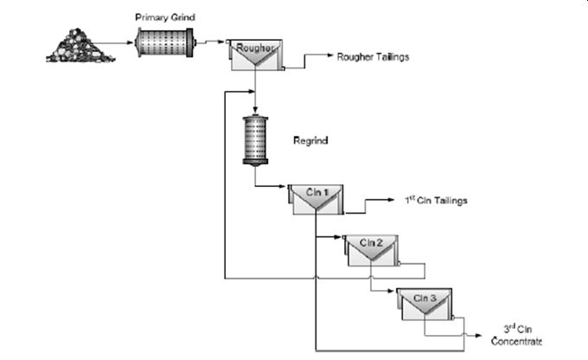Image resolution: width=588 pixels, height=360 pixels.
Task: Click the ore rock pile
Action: (x=80, y=45)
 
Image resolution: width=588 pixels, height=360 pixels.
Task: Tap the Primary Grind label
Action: (x=165, y=17)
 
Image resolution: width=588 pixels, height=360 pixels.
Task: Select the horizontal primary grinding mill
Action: (x=165, y=42)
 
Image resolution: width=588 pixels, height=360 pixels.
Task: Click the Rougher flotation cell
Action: (x=256, y=55)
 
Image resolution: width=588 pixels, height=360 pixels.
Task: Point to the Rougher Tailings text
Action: (x=373, y=57)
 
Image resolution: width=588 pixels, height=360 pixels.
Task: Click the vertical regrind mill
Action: (x=255, y=140)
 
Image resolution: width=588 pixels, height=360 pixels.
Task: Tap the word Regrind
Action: (x=310, y=140)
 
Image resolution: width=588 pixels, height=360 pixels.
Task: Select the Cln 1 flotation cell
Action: (x=316, y=199)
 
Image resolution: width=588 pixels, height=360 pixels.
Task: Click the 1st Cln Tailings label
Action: (x=436, y=200)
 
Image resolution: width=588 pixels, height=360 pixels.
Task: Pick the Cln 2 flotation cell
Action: (x=371, y=250)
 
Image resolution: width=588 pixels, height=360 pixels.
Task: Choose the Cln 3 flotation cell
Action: (x=425, y=304)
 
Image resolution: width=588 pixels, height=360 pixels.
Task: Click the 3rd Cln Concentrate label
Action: (x=516, y=335)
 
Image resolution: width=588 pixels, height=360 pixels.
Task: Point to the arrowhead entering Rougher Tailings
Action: (x=330, y=55)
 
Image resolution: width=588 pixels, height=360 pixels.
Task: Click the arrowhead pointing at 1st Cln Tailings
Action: (x=391, y=200)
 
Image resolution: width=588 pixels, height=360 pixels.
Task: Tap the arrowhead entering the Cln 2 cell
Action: (x=338, y=237)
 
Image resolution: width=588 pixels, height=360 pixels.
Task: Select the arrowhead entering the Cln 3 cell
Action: (x=392, y=291)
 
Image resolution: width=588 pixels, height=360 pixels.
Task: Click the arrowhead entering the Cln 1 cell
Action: (x=283, y=186)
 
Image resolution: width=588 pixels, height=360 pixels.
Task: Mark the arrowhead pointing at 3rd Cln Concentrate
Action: (x=479, y=335)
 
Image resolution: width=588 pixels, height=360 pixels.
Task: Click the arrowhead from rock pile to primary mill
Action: (x=131, y=42)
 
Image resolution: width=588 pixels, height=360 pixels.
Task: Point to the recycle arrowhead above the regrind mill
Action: (x=252, y=91)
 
